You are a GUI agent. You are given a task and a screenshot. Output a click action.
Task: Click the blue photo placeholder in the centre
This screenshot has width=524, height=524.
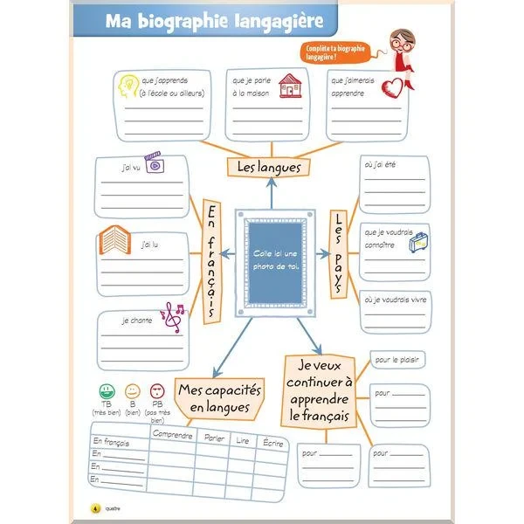(276, 259)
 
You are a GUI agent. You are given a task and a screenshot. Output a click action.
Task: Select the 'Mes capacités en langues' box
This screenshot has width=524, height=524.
(213, 397)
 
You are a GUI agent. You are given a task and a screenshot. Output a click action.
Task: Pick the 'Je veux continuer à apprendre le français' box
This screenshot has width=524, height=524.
(320, 390)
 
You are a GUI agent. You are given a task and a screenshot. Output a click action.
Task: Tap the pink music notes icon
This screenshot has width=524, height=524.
(173, 315)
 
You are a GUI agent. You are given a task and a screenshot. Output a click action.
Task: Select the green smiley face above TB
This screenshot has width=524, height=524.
(106, 390)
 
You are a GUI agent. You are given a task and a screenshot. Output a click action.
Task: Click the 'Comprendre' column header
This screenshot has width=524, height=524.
(172, 435)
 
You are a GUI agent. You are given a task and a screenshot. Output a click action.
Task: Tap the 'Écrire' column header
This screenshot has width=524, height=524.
(272, 443)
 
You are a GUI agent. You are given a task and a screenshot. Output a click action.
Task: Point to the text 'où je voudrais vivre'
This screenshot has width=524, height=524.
(396, 300)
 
